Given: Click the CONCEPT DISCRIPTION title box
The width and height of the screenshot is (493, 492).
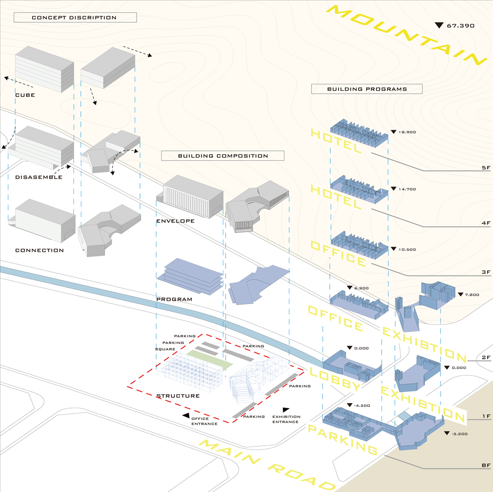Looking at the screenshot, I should point(74,18).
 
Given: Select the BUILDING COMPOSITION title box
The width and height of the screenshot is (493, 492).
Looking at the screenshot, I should point(223,156).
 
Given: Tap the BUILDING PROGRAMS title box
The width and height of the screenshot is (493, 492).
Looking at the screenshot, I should point(367,89).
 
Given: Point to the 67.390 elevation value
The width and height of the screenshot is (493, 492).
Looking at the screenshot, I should point(460,25).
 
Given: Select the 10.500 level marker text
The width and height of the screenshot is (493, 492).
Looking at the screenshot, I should point(407,250).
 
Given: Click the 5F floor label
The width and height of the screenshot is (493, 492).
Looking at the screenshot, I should point(486,168).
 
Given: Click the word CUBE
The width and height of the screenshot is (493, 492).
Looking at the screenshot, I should point(25,95).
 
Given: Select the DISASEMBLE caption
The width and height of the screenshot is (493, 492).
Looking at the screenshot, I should point(39,177).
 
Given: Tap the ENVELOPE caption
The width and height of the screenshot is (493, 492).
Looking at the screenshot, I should point(175,221).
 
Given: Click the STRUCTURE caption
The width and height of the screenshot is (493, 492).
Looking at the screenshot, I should point(178,396).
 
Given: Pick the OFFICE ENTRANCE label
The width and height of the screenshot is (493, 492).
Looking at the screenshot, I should point(204,421).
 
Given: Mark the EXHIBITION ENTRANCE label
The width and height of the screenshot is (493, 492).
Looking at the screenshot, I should point(286,419).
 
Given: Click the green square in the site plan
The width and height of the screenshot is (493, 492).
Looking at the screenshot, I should point(210,359).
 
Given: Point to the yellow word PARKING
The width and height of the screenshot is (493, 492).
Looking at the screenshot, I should point(342,440).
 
